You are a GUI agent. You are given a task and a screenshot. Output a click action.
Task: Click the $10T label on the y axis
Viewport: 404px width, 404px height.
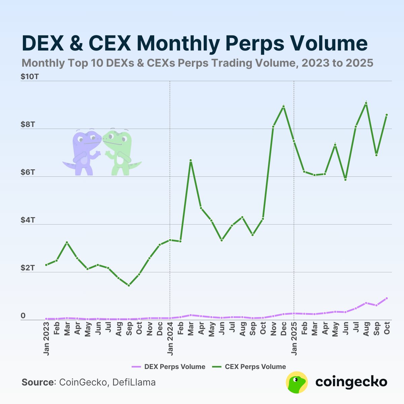tap(30, 77)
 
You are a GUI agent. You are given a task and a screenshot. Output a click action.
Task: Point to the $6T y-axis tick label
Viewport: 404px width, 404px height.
tap(28, 172)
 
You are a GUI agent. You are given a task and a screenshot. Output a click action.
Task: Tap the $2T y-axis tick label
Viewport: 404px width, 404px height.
tap(28, 268)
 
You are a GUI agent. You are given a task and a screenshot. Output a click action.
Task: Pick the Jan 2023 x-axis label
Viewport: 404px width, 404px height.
tap(46, 339)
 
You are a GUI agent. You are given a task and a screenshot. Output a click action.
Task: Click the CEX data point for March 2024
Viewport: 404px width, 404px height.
tap(191, 161)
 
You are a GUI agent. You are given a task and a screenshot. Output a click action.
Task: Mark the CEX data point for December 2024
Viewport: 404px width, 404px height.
tap(284, 106)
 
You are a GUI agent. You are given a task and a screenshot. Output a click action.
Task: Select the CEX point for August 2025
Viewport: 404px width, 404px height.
tap(366, 103)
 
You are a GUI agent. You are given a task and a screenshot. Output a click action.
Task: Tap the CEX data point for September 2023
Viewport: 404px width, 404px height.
tap(129, 285)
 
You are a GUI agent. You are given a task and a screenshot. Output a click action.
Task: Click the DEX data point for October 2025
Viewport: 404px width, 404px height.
tap(387, 298)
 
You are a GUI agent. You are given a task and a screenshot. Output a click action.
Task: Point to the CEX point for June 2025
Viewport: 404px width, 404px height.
tap(345, 180)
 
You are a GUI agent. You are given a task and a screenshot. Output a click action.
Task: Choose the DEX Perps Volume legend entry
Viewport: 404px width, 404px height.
tap(168, 367)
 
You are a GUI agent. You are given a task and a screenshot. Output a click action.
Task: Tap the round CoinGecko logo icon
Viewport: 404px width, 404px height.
tap(297, 382)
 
